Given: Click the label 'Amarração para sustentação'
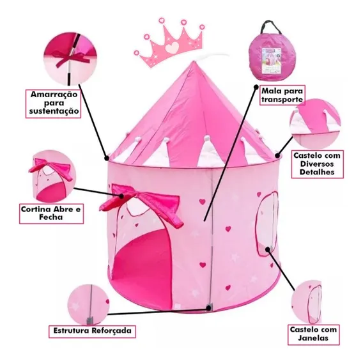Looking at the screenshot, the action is pos(54,104).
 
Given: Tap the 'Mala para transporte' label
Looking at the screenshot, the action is pos(282,95).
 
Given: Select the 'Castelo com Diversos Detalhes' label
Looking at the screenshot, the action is pos(317,164).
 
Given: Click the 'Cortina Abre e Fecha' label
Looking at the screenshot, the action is pos(51,213).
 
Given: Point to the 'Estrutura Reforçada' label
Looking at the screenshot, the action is pos(92,331).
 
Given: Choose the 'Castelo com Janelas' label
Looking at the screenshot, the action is pos(314,334).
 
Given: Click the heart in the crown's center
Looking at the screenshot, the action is pos(172,47).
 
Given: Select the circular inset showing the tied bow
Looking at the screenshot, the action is pos(70,59).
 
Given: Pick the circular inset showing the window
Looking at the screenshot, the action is pos(307,302).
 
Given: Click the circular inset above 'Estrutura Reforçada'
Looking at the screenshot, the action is pos(89,305).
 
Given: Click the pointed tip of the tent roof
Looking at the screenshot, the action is pos(194,61).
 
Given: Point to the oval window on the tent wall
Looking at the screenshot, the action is pos(266,224).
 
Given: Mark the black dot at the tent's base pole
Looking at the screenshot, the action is pos(209,308).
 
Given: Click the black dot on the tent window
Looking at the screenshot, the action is pos(268,249).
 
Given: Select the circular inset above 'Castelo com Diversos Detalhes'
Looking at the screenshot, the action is pos(315,125).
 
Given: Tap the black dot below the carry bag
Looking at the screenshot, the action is pos(256,88).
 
